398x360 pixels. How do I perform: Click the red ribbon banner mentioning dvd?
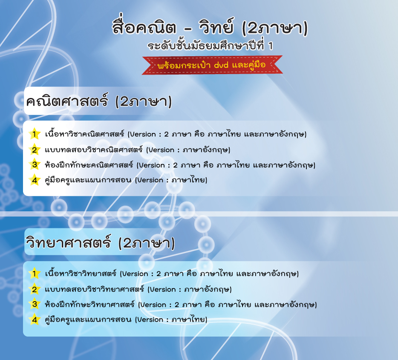(x=212, y=65)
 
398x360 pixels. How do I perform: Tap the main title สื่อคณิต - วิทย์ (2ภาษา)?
(x=210, y=27)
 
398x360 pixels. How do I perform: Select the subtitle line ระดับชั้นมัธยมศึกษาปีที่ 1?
(x=210, y=46)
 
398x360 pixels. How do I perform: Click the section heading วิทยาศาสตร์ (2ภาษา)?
(x=100, y=242)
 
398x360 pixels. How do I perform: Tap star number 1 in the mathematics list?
(x=34, y=134)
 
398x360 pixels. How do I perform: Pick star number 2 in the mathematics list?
(x=34, y=150)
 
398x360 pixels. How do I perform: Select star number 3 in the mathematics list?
(x=34, y=164)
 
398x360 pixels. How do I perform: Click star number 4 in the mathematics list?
(x=34, y=180)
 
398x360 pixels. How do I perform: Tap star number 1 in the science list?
(x=34, y=274)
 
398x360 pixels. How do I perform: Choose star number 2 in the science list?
(x=34, y=289)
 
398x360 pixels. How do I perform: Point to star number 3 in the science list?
(x=34, y=304)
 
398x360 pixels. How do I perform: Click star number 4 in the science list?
(x=34, y=320)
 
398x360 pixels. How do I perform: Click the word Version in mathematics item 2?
(x=162, y=150)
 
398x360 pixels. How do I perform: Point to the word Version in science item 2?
(x=163, y=289)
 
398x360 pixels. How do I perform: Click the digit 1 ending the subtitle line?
(x=271, y=46)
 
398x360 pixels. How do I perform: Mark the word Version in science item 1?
(x=135, y=274)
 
